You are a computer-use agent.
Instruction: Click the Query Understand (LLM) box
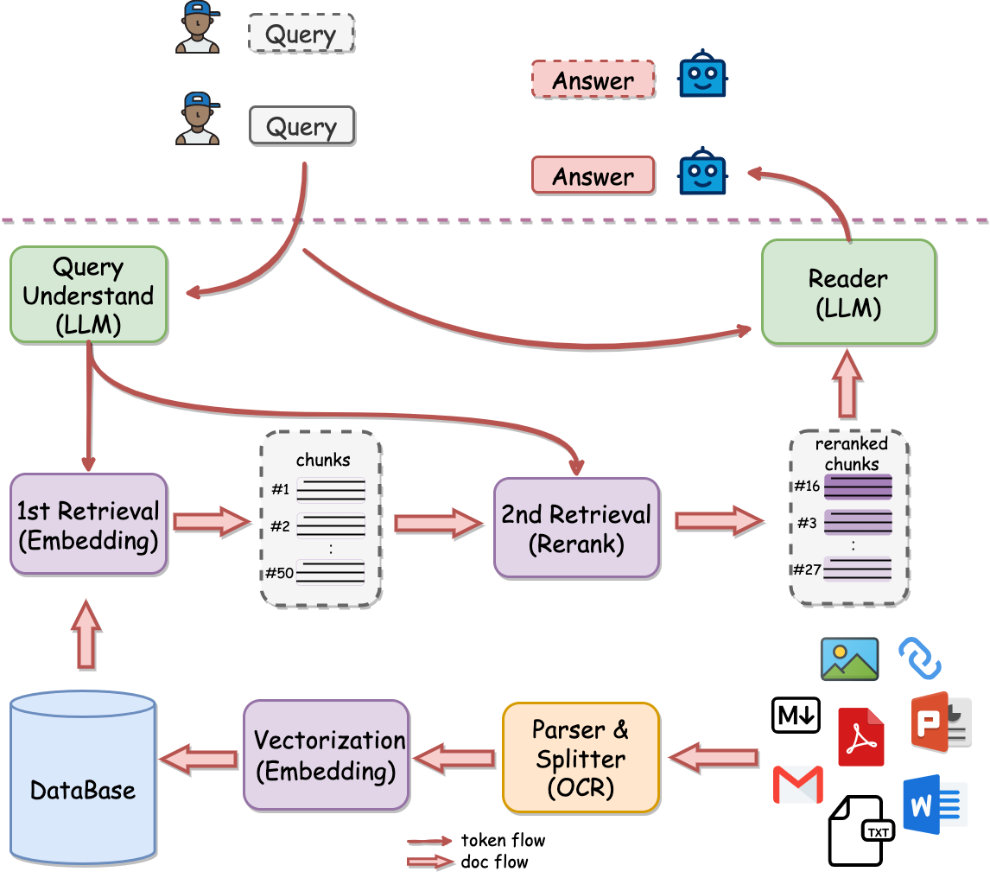pos(88,295)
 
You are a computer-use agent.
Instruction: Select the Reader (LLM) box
pos(848,292)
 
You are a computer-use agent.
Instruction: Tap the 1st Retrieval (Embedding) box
pos(88,525)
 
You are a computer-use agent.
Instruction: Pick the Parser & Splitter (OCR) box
pos(581,758)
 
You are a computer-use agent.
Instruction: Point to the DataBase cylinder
pos(83,778)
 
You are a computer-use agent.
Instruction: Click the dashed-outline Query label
pos(301,35)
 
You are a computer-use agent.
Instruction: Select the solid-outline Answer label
pos(593,176)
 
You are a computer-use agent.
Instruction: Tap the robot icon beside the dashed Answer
pos(702,77)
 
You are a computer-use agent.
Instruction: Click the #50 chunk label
pos(279,571)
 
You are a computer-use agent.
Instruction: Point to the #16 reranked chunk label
pos(807,487)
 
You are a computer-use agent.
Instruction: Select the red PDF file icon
pos(860,736)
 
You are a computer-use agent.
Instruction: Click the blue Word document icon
pos(932,805)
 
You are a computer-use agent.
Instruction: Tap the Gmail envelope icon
pos(796,784)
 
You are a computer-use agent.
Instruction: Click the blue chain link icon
pos(920,658)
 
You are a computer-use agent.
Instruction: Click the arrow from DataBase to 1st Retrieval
pos(86,635)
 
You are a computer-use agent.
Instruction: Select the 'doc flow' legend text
pos(494,862)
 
